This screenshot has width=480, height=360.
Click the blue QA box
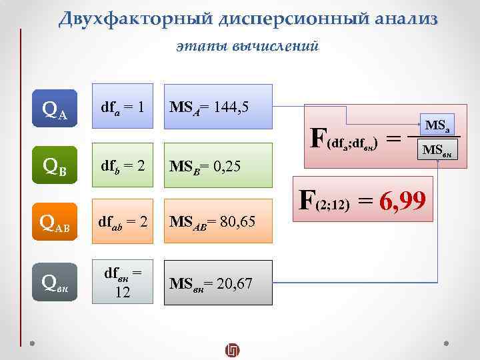coord(54,106)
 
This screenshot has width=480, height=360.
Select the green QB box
coord(54,164)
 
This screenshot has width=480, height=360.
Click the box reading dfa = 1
coord(123,106)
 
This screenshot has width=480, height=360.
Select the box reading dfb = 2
coord(123,164)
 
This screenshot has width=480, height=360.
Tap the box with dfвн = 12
coord(123,283)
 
